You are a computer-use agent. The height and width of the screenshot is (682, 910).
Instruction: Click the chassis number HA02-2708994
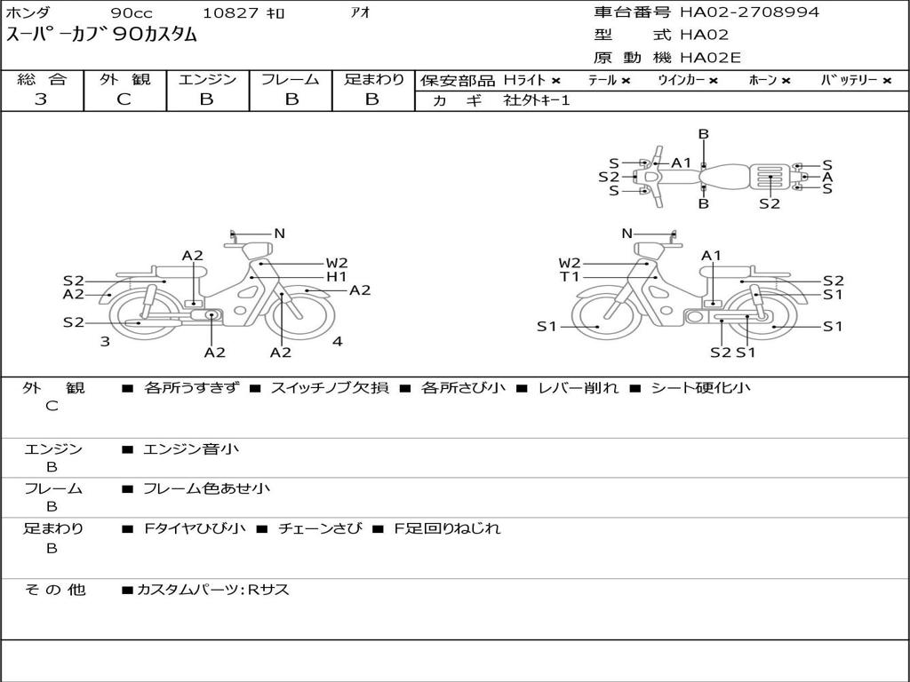pyautogui.click(x=749, y=12)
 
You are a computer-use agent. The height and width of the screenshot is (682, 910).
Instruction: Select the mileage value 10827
pyautogui.click(x=230, y=13)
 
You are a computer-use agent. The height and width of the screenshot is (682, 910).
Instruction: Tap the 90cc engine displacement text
pyautogui.click(x=131, y=13)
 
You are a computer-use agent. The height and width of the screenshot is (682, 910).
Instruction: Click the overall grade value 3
pyautogui.click(x=41, y=99)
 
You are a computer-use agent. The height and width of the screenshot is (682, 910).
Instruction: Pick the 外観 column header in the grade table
pyautogui.click(x=124, y=79)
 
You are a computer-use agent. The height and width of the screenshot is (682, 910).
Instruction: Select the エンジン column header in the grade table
pyautogui.click(x=207, y=79)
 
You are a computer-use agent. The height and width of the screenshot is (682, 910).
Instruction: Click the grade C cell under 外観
pyautogui.click(x=124, y=99)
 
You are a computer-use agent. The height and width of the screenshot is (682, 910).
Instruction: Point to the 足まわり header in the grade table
pyautogui.click(x=373, y=79)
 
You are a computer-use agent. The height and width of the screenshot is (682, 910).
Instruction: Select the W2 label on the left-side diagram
pyautogui.click(x=336, y=263)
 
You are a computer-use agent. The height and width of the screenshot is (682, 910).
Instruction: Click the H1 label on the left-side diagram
pyautogui.click(x=336, y=277)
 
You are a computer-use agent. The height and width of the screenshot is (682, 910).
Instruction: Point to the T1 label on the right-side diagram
pyautogui.click(x=570, y=277)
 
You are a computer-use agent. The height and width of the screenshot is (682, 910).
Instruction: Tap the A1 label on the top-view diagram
pyautogui.click(x=682, y=163)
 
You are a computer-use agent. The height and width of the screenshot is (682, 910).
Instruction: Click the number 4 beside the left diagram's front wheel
pyautogui.click(x=337, y=341)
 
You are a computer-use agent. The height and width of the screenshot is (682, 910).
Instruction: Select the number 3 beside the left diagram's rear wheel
pyautogui.click(x=105, y=341)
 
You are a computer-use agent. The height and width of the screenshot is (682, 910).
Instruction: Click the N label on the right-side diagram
pyautogui.click(x=627, y=234)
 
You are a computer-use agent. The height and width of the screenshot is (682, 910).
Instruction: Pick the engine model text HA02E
pyautogui.click(x=710, y=59)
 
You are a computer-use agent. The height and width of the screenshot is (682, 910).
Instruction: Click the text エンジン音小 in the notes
pyautogui.click(x=191, y=449)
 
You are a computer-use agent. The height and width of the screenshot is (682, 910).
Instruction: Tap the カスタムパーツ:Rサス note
pyautogui.click(x=213, y=590)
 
